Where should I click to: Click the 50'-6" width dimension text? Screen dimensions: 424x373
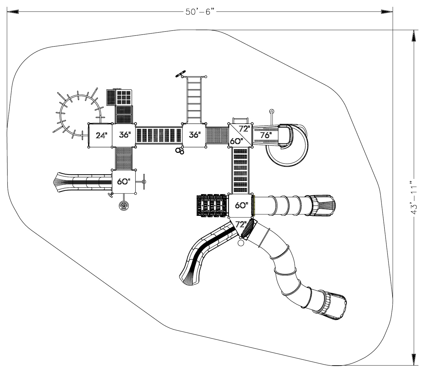200,12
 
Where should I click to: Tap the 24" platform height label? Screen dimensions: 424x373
101,135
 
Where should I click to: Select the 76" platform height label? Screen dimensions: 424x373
266,135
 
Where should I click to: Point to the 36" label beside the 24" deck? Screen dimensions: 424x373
125,135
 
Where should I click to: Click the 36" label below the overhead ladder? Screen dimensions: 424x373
195,135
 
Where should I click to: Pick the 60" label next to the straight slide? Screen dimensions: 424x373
124,181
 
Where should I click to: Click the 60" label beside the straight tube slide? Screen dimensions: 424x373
241,205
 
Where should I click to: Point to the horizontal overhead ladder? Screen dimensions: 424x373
194,100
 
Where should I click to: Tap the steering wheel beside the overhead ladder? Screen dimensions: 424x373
180,74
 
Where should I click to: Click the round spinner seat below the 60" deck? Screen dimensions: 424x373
124,206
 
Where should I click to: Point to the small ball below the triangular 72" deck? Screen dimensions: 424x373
241,243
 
